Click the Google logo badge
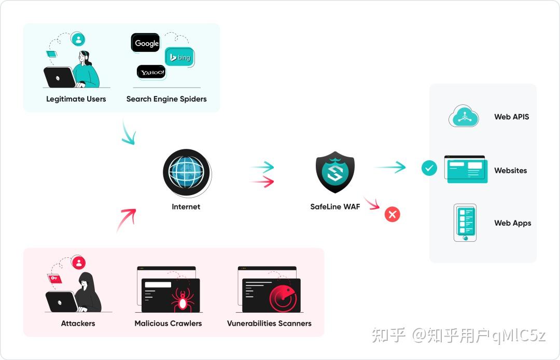tap(145, 43)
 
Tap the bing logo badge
tap(179, 57)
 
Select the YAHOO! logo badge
tap(151, 72)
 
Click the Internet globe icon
tap(187, 173)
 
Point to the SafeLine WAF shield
tap(335, 172)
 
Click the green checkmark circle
tap(429, 168)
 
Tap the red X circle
tap(392, 214)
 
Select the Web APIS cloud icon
tap(464, 116)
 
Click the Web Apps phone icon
tap(465, 223)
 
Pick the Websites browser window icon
tap(466, 169)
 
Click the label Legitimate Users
tap(76, 99)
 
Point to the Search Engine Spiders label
tap(166, 99)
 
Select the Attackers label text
tap(78, 323)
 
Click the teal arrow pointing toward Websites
tap(391, 167)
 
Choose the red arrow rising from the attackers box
tap(127, 220)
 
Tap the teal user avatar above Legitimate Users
tap(78, 39)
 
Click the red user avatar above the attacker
tap(79, 262)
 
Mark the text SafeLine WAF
tap(335, 206)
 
